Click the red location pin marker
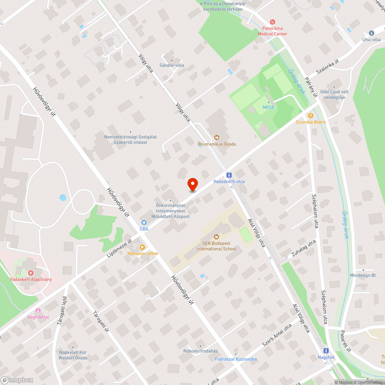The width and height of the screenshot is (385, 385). point(192,184)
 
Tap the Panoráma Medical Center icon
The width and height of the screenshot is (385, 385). point(273,22)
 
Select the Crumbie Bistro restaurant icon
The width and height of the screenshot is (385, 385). point(310,115)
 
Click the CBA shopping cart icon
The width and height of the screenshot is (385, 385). point(144,223)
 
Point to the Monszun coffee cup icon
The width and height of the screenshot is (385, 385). point(142,247)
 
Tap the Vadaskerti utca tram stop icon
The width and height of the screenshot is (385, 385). point(229,175)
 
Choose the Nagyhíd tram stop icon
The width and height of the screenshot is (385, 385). point(326,351)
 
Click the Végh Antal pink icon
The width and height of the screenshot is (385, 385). point(38,311)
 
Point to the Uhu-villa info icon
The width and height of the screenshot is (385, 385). point(371,33)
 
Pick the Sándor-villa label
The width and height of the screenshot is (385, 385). point(172,65)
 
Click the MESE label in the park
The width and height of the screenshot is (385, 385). point(268,107)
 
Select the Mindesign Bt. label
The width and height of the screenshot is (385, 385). point(363,275)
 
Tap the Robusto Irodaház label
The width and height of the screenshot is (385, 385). point(200,351)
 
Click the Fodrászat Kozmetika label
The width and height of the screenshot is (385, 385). point(236,359)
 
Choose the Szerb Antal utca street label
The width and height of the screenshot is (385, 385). point(277,334)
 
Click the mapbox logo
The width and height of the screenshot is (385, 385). point(17,380)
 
